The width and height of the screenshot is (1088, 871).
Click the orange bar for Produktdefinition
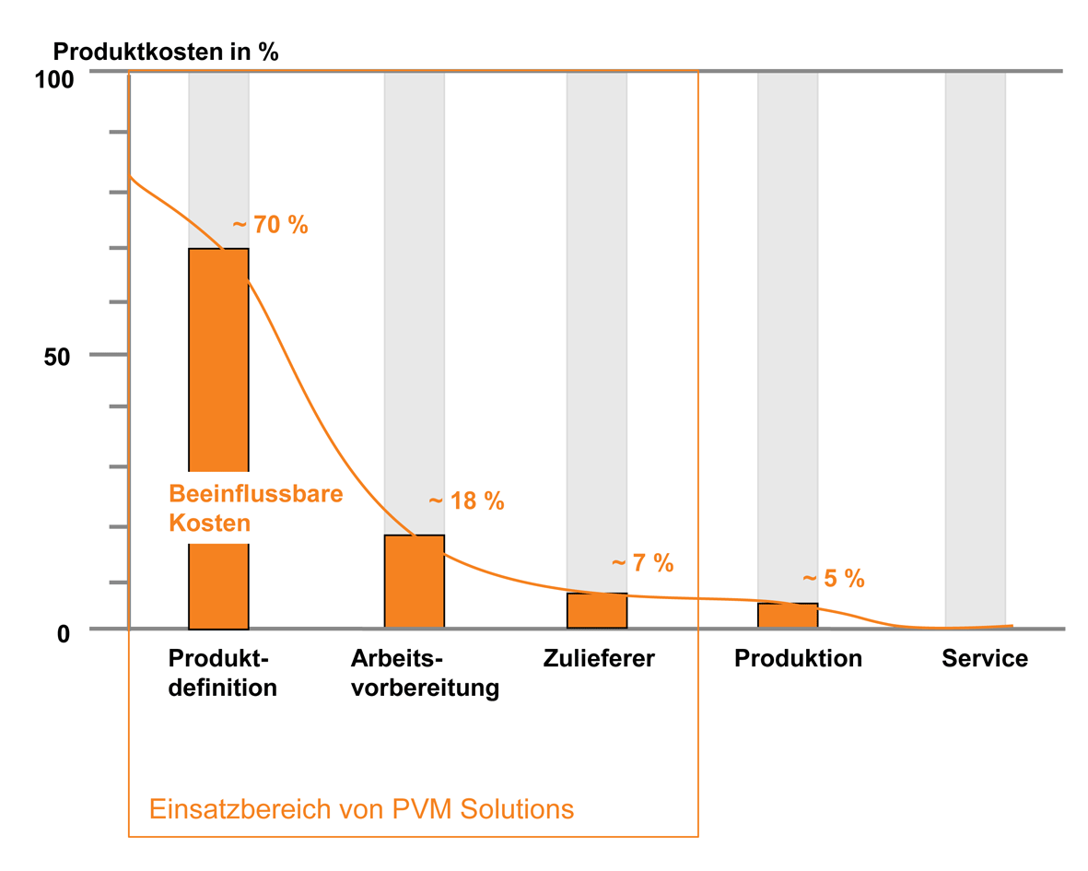218,369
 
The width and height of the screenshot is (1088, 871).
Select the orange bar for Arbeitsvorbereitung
414,582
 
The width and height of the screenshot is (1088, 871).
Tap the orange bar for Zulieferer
596,611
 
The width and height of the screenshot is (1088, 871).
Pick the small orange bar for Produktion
788,616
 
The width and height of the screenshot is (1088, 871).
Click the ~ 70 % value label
270,225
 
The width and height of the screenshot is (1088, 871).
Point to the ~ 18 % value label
466,501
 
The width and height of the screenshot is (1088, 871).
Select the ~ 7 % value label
643,563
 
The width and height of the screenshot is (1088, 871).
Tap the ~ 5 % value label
834,579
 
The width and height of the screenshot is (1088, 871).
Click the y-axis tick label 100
53,80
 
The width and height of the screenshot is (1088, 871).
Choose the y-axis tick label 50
58,357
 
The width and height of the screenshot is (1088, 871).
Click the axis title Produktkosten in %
166,52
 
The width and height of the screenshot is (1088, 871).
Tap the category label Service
984,659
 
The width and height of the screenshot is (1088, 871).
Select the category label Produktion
798,659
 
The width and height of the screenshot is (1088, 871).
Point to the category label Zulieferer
599,659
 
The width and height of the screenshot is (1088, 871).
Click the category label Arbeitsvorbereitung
425,674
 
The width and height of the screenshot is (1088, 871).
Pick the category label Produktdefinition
222,674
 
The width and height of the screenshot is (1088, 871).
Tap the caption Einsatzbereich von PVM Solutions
361,809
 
